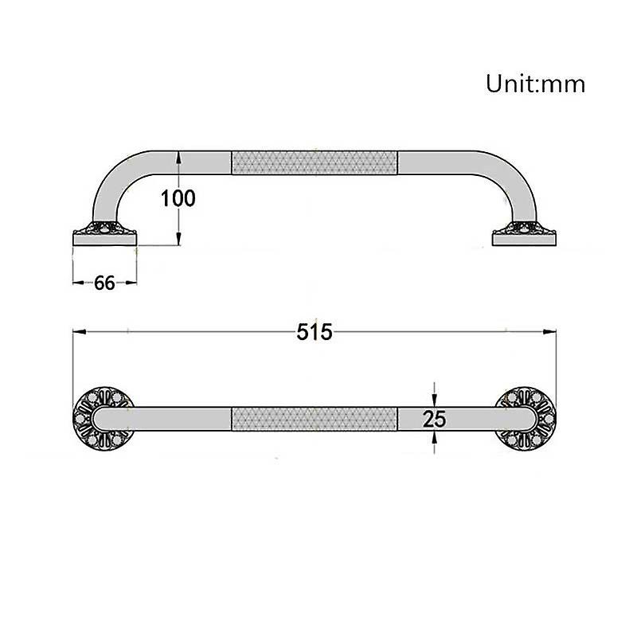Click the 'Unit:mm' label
coord(535,84)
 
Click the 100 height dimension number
coord(178,198)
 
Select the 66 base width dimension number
coord(104,283)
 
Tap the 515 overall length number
coord(314,332)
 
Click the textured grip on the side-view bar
coord(314,162)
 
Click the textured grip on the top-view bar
coord(314,419)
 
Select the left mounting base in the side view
coord(104,236)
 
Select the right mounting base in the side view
coord(524,236)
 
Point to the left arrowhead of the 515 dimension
coord(77,331)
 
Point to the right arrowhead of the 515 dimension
coord(551,331)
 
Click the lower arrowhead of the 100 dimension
coord(179,240)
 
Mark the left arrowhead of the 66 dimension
coord(76,283)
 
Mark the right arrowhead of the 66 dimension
coord(133,283)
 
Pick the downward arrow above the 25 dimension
coord(435,398)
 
